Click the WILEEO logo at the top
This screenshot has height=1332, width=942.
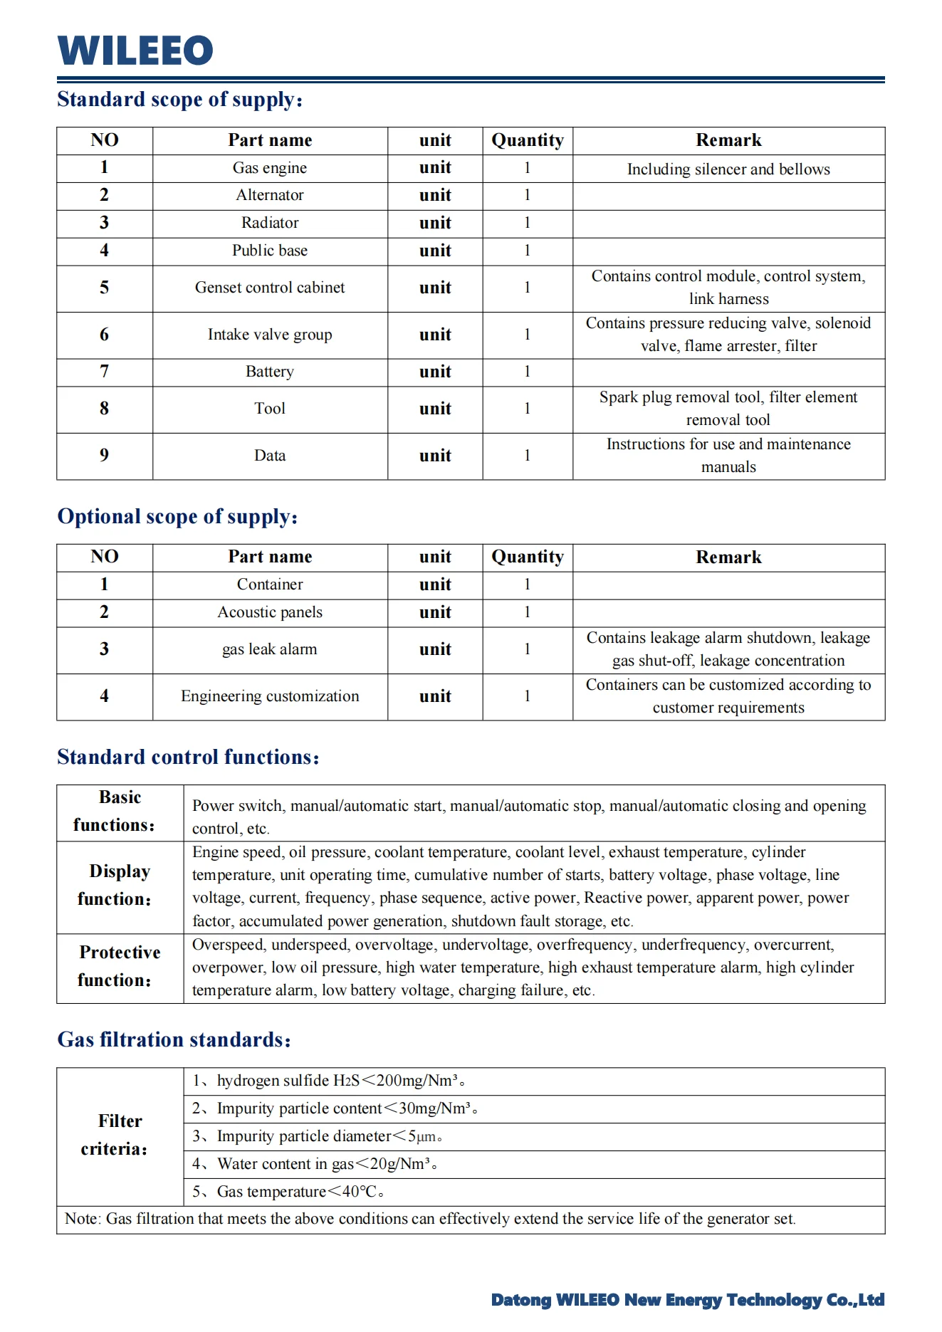tap(135, 51)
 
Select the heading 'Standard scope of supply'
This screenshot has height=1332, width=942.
tap(179, 99)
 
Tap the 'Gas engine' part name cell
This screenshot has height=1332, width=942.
tap(269, 168)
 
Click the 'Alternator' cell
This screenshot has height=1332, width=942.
tap(269, 195)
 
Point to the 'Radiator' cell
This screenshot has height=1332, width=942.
tap(269, 223)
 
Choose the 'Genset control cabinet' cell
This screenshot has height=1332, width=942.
tap(269, 288)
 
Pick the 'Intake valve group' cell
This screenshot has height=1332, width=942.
tap(269, 335)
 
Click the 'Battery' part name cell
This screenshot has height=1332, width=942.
tap(269, 372)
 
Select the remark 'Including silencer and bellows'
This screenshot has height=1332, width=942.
tap(728, 169)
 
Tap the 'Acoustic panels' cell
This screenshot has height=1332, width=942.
tap(269, 612)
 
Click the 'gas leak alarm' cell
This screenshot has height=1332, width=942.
tap(269, 649)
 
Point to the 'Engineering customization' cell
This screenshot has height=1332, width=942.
tap(269, 696)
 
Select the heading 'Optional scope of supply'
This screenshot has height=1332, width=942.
tap(177, 516)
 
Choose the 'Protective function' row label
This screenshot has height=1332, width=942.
tap(119, 967)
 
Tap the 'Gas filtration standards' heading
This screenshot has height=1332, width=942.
tap(174, 1039)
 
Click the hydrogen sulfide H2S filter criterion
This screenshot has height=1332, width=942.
tap(328, 1081)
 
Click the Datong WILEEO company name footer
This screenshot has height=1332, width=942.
tap(687, 1300)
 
